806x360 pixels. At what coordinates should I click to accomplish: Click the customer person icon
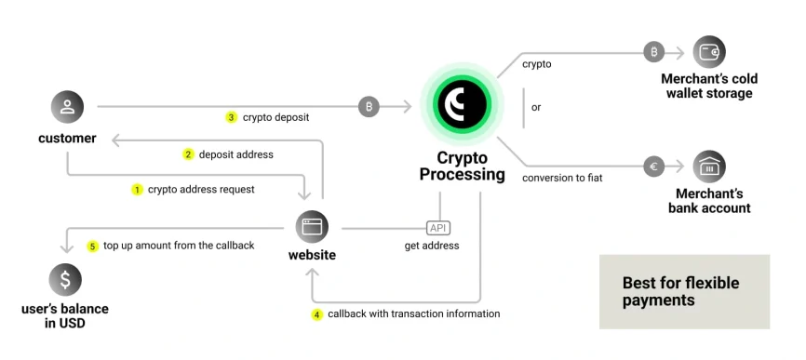[x=67, y=107]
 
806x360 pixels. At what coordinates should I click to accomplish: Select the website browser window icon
[x=312, y=227]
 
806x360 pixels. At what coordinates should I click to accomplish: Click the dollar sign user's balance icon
[x=65, y=280]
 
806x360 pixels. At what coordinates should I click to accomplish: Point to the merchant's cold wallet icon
[x=709, y=52]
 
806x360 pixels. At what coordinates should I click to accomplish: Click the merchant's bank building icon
[x=709, y=167]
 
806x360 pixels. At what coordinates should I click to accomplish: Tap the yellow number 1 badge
[x=137, y=189]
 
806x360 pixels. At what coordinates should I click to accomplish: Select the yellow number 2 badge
[x=188, y=154]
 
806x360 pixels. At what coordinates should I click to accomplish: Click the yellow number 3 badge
[x=232, y=118]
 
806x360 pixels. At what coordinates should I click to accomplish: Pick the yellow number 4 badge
[x=316, y=314]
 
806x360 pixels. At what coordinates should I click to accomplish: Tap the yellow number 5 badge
[x=92, y=246]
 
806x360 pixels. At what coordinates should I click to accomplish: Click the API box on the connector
[x=437, y=228]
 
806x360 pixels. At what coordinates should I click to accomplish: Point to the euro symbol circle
[x=654, y=167]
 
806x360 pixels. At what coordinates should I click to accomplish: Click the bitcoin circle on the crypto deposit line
[x=369, y=107]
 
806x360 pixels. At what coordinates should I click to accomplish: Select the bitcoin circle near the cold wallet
[x=654, y=52]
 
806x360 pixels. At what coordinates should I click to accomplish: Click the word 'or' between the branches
[x=536, y=107]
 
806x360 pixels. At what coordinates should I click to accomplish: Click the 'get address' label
[x=431, y=246]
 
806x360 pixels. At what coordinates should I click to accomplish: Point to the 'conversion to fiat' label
[x=562, y=177]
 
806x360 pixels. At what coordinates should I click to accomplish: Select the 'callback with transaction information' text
[x=413, y=314]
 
